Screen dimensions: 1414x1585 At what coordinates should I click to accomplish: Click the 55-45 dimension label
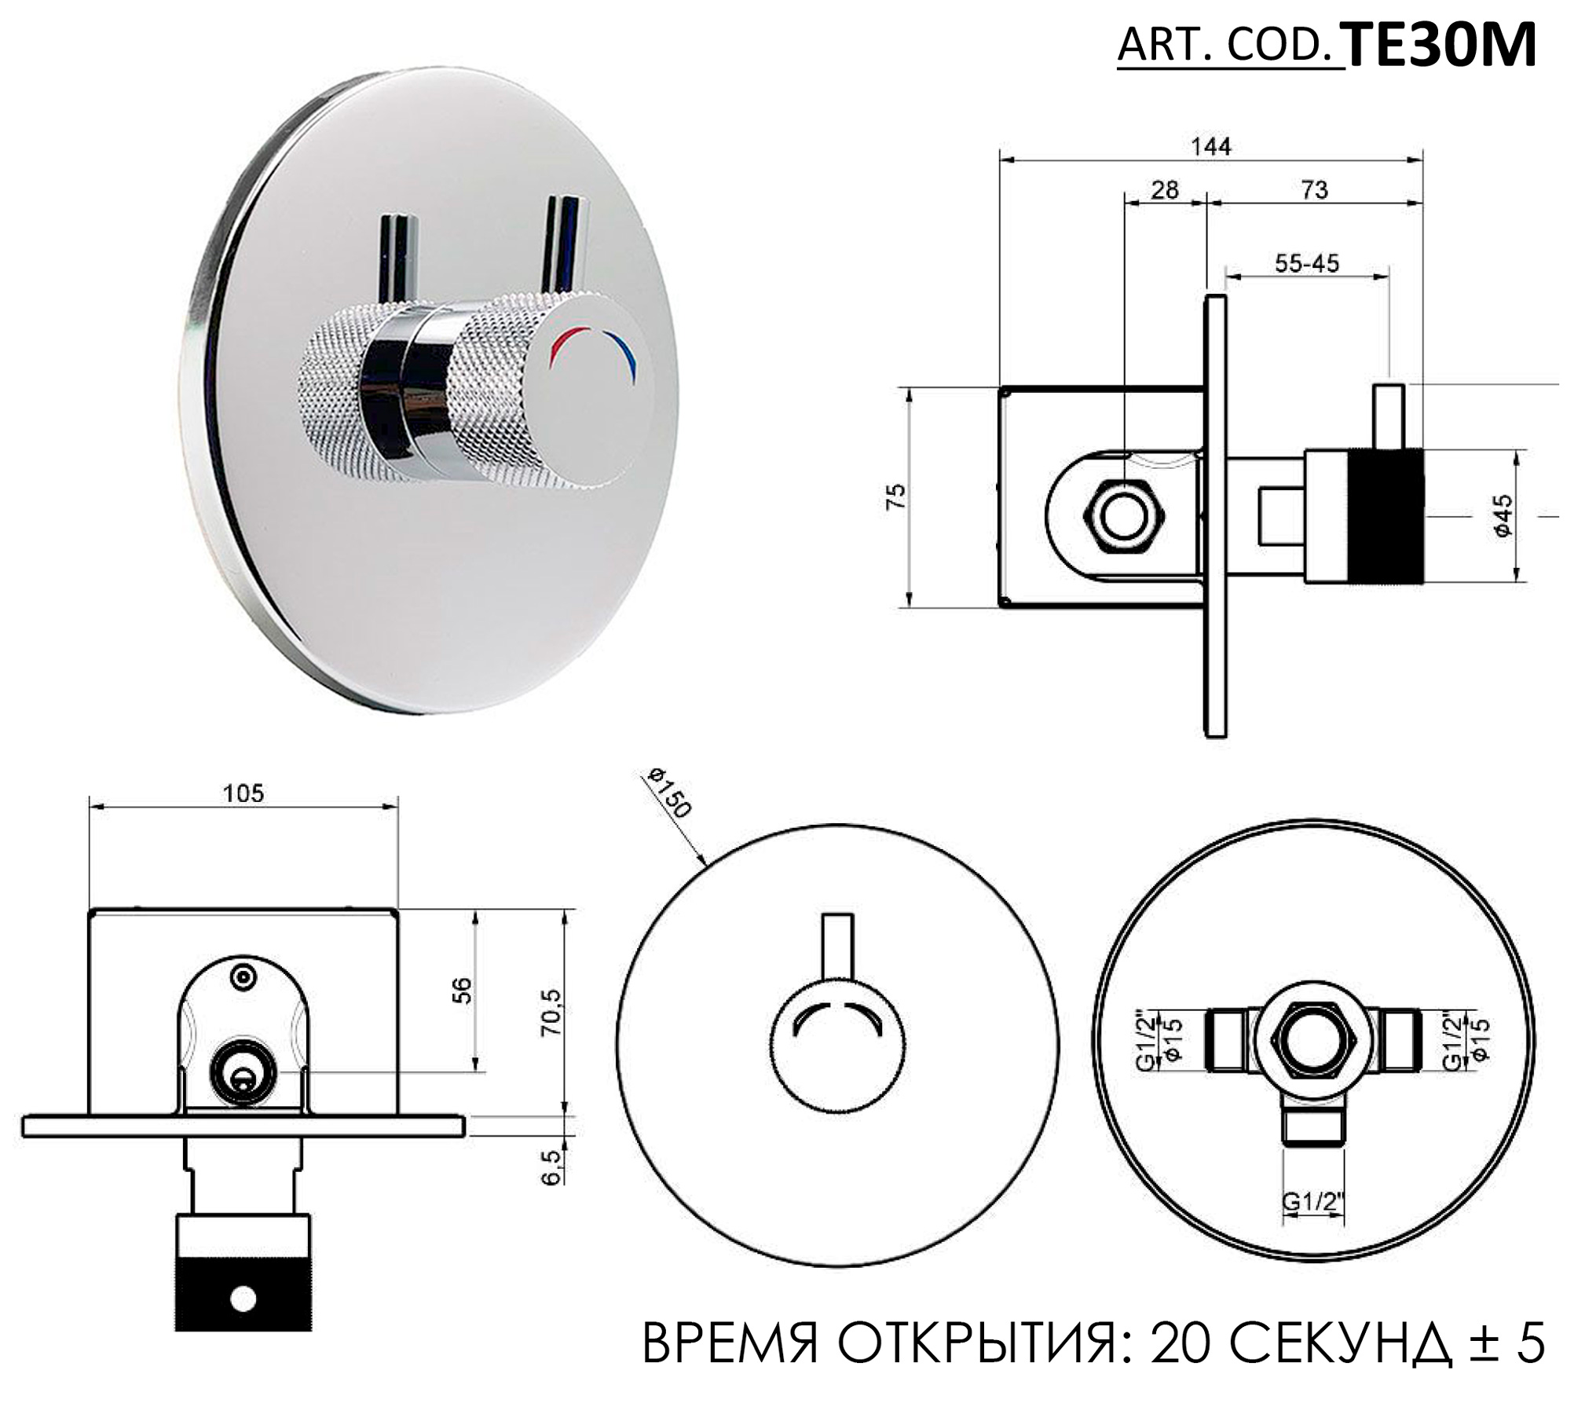tap(1306, 263)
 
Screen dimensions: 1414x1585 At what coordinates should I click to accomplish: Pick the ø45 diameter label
tap(1503, 515)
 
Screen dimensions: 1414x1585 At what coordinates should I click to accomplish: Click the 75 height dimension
tap(895, 496)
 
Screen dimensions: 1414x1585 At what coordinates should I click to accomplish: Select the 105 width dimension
tap(243, 793)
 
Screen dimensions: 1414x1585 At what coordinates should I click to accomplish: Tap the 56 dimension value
tap(463, 990)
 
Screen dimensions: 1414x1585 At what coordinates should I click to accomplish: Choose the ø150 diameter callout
tap(668, 793)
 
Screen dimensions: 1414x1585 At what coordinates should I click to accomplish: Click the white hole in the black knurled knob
tap(243, 1299)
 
